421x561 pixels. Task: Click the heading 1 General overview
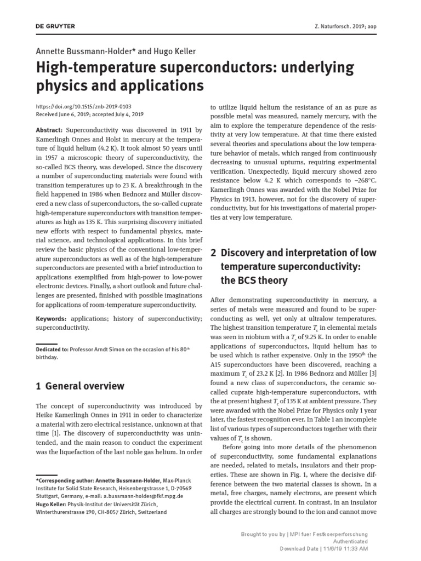80,386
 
